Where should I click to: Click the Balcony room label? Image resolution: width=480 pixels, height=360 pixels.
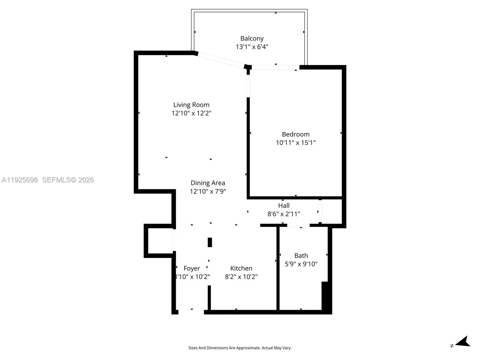(x=252, y=38)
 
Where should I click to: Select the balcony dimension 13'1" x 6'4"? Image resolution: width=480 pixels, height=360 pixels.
(x=252, y=47)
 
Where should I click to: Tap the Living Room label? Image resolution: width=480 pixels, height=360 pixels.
(x=191, y=105)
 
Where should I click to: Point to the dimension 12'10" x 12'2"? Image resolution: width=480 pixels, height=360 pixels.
(x=191, y=113)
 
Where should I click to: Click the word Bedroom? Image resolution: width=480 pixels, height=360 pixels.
(x=295, y=134)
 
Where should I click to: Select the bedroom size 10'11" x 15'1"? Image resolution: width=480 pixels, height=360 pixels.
(x=295, y=142)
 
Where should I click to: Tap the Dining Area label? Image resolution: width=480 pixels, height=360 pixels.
(x=208, y=183)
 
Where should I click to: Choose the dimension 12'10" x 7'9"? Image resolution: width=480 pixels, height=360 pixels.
(x=208, y=191)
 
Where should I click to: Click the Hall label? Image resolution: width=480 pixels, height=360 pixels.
(x=283, y=205)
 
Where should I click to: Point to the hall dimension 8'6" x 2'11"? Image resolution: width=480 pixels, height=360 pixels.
(x=283, y=214)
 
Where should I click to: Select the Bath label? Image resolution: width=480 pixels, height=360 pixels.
(x=301, y=256)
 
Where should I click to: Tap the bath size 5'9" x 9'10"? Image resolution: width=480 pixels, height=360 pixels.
(x=301, y=264)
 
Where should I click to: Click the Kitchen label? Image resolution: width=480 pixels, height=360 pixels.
(x=241, y=268)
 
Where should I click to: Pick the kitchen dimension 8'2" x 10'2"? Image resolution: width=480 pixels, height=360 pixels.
(x=241, y=277)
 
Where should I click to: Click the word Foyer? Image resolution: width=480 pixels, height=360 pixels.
(x=192, y=268)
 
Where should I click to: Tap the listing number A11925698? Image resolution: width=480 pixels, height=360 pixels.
(x=20, y=180)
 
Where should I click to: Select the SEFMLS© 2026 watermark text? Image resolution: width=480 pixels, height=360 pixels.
(x=68, y=180)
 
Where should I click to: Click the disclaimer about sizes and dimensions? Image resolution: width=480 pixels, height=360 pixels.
(x=240, y=348)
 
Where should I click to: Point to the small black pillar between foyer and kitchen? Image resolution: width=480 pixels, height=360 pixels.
(x=210, y=242)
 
